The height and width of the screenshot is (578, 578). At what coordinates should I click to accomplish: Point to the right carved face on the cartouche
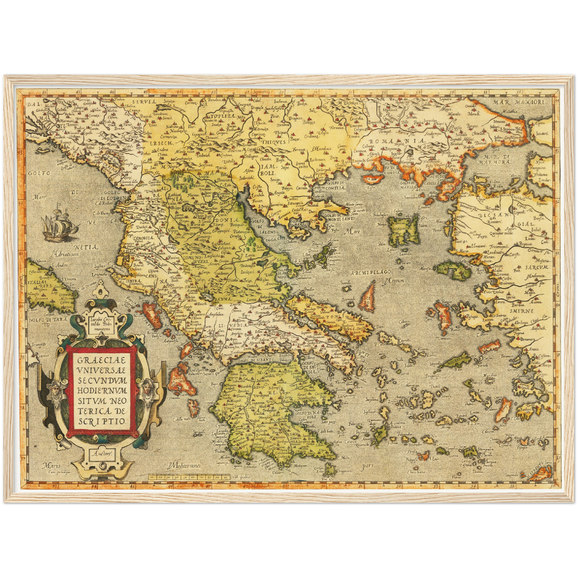147,388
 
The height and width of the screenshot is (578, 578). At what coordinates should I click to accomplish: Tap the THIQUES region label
274,142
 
